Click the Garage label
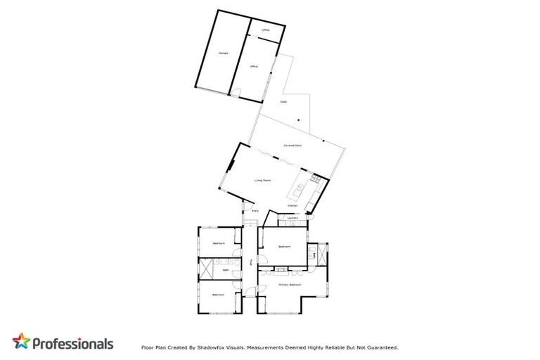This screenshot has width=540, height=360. [223, 53]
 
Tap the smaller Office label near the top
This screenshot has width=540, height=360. [266, 30]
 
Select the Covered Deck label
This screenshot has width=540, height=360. [292, 146]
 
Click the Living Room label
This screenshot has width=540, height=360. [263, 181]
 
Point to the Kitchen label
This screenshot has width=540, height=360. [292, 205]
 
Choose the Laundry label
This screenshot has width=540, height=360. [293, 218]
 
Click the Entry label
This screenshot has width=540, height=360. [255, 210]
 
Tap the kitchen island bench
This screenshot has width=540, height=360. [299, 190]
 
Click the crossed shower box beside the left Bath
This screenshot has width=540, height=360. [207, 269]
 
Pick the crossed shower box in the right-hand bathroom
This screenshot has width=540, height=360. [323, 254]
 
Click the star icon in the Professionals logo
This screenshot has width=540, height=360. [22, 342]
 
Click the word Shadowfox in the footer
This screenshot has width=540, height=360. [213, 347]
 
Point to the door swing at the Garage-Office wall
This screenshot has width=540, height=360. [239, 91]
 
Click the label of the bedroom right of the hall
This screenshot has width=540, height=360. [285, 247]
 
